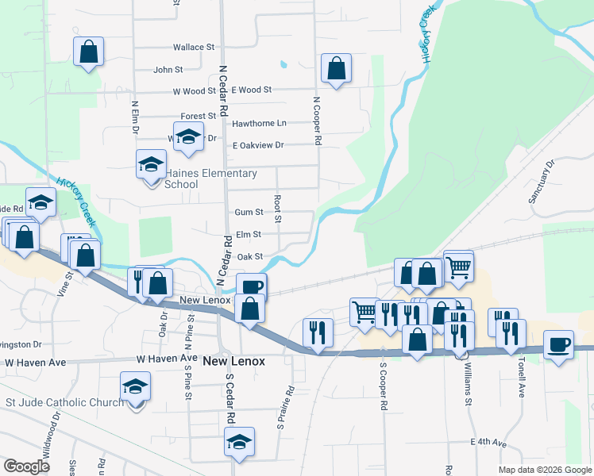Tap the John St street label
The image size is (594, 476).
(168, 70)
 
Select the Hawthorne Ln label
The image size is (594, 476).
(259, 124)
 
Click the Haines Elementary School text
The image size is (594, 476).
(199, 178)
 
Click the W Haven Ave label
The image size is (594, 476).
(166, 359)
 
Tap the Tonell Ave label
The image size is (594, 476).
(522, 382)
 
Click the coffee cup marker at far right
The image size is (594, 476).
(559, 345)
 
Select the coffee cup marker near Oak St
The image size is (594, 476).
(251, 286)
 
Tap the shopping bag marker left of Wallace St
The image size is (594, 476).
(89, 52)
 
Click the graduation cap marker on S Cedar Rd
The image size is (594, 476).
(239, 443)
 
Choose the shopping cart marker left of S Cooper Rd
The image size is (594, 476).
(364, 310)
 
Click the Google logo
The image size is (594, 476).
(26, 466)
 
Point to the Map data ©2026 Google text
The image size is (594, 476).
(544, 470)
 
